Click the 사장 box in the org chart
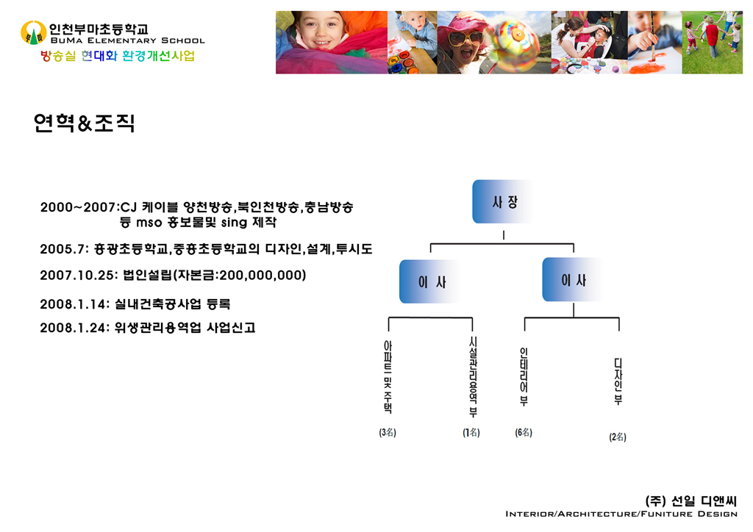point(503,201)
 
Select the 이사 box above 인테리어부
point(574,280)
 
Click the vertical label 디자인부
point(618,381)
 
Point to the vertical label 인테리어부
point(524,377)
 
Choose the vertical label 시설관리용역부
point(473,376)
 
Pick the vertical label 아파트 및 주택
point(388,376)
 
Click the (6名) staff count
point(524,432)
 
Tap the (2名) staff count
point(618,436)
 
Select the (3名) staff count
point(388,432)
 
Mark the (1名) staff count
point(471,432)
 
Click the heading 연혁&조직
point(84,123)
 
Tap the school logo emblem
point(34,32)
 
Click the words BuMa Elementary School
point(128,40)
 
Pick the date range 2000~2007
point(78,207)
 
